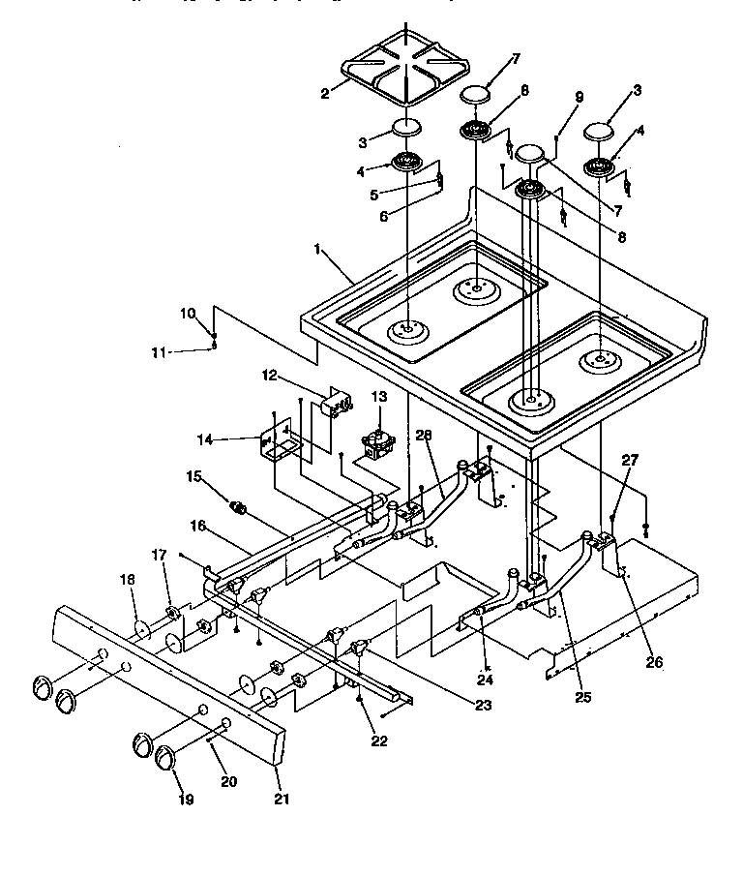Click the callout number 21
click(282, 800)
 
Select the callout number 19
click(186, 800)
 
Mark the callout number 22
click(379, 741)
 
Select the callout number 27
click(629, 462)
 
